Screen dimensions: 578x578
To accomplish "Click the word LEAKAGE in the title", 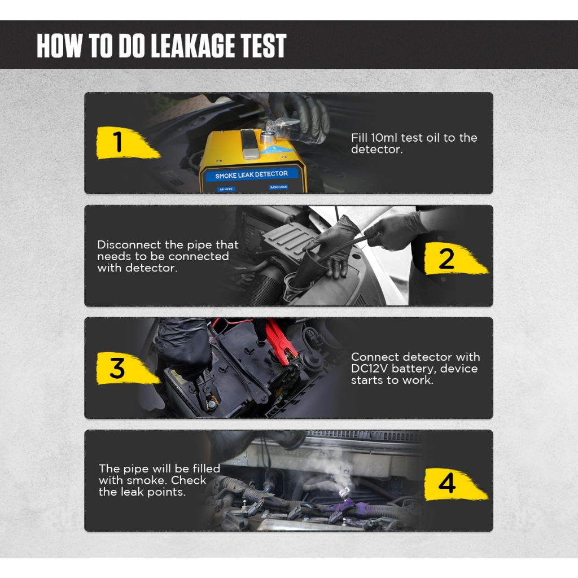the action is (192, 46).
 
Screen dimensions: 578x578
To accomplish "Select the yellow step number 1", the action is (118, 142).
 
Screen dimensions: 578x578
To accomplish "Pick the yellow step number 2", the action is (446, 259).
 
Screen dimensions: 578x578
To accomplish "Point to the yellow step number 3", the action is (117, 368).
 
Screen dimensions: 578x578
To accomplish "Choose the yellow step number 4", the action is (447, 483).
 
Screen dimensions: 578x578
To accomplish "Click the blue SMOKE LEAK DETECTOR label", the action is (251, 175).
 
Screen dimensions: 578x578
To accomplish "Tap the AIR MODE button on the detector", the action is (226, 190).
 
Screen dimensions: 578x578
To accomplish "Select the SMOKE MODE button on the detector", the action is (278, 187).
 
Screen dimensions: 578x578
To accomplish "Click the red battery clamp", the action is (280, 341).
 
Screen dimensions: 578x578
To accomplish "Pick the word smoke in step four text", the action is (147, 480).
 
